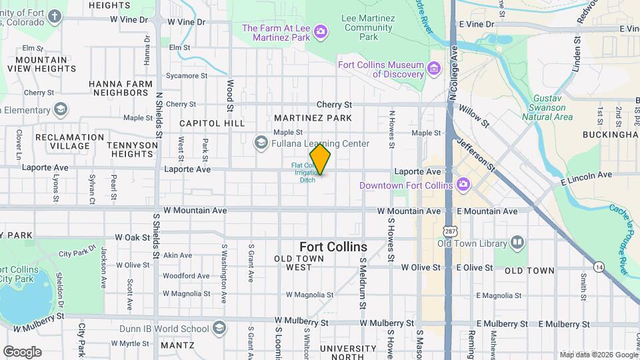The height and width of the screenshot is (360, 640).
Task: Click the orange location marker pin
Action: (x=320, y=159)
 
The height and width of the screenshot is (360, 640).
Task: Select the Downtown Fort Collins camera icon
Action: (x=463, y=185)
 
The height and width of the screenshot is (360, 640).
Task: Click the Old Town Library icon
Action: (x=517, y=243)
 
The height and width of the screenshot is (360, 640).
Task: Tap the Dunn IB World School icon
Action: (x=219, y=328)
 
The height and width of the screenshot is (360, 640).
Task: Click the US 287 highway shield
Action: (x=448, y=229)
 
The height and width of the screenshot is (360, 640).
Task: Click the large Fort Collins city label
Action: (x=333, y=246)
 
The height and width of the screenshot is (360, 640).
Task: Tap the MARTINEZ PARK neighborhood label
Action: (x=313, y=118)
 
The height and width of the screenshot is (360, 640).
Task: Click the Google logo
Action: (x=22, y=351)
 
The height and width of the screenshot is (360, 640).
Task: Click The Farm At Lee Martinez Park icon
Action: (x=321, y=31)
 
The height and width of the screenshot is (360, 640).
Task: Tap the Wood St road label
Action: (x=229, y=95)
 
